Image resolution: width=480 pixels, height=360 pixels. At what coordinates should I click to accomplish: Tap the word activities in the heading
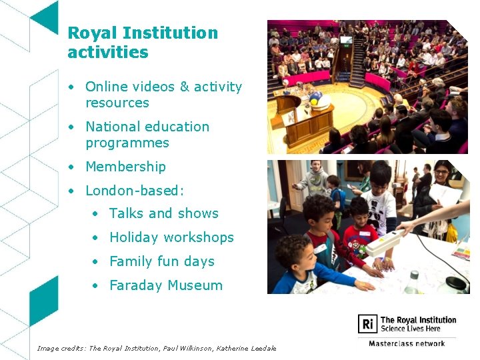pos(108,52)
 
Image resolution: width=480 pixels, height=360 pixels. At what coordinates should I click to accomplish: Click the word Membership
pos(125,167)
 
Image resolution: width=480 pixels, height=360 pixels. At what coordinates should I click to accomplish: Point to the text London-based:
pos(135,191)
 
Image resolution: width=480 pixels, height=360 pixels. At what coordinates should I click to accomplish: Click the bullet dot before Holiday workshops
pos(96,238)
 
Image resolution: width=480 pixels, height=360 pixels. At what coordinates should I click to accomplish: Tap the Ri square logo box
pos(367,325)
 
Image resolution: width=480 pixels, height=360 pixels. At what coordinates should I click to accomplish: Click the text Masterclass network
pos(407,343)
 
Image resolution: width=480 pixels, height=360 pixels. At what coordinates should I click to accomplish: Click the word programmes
pos(127,143)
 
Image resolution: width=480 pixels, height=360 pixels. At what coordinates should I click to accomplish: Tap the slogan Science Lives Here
pos(409,329)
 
